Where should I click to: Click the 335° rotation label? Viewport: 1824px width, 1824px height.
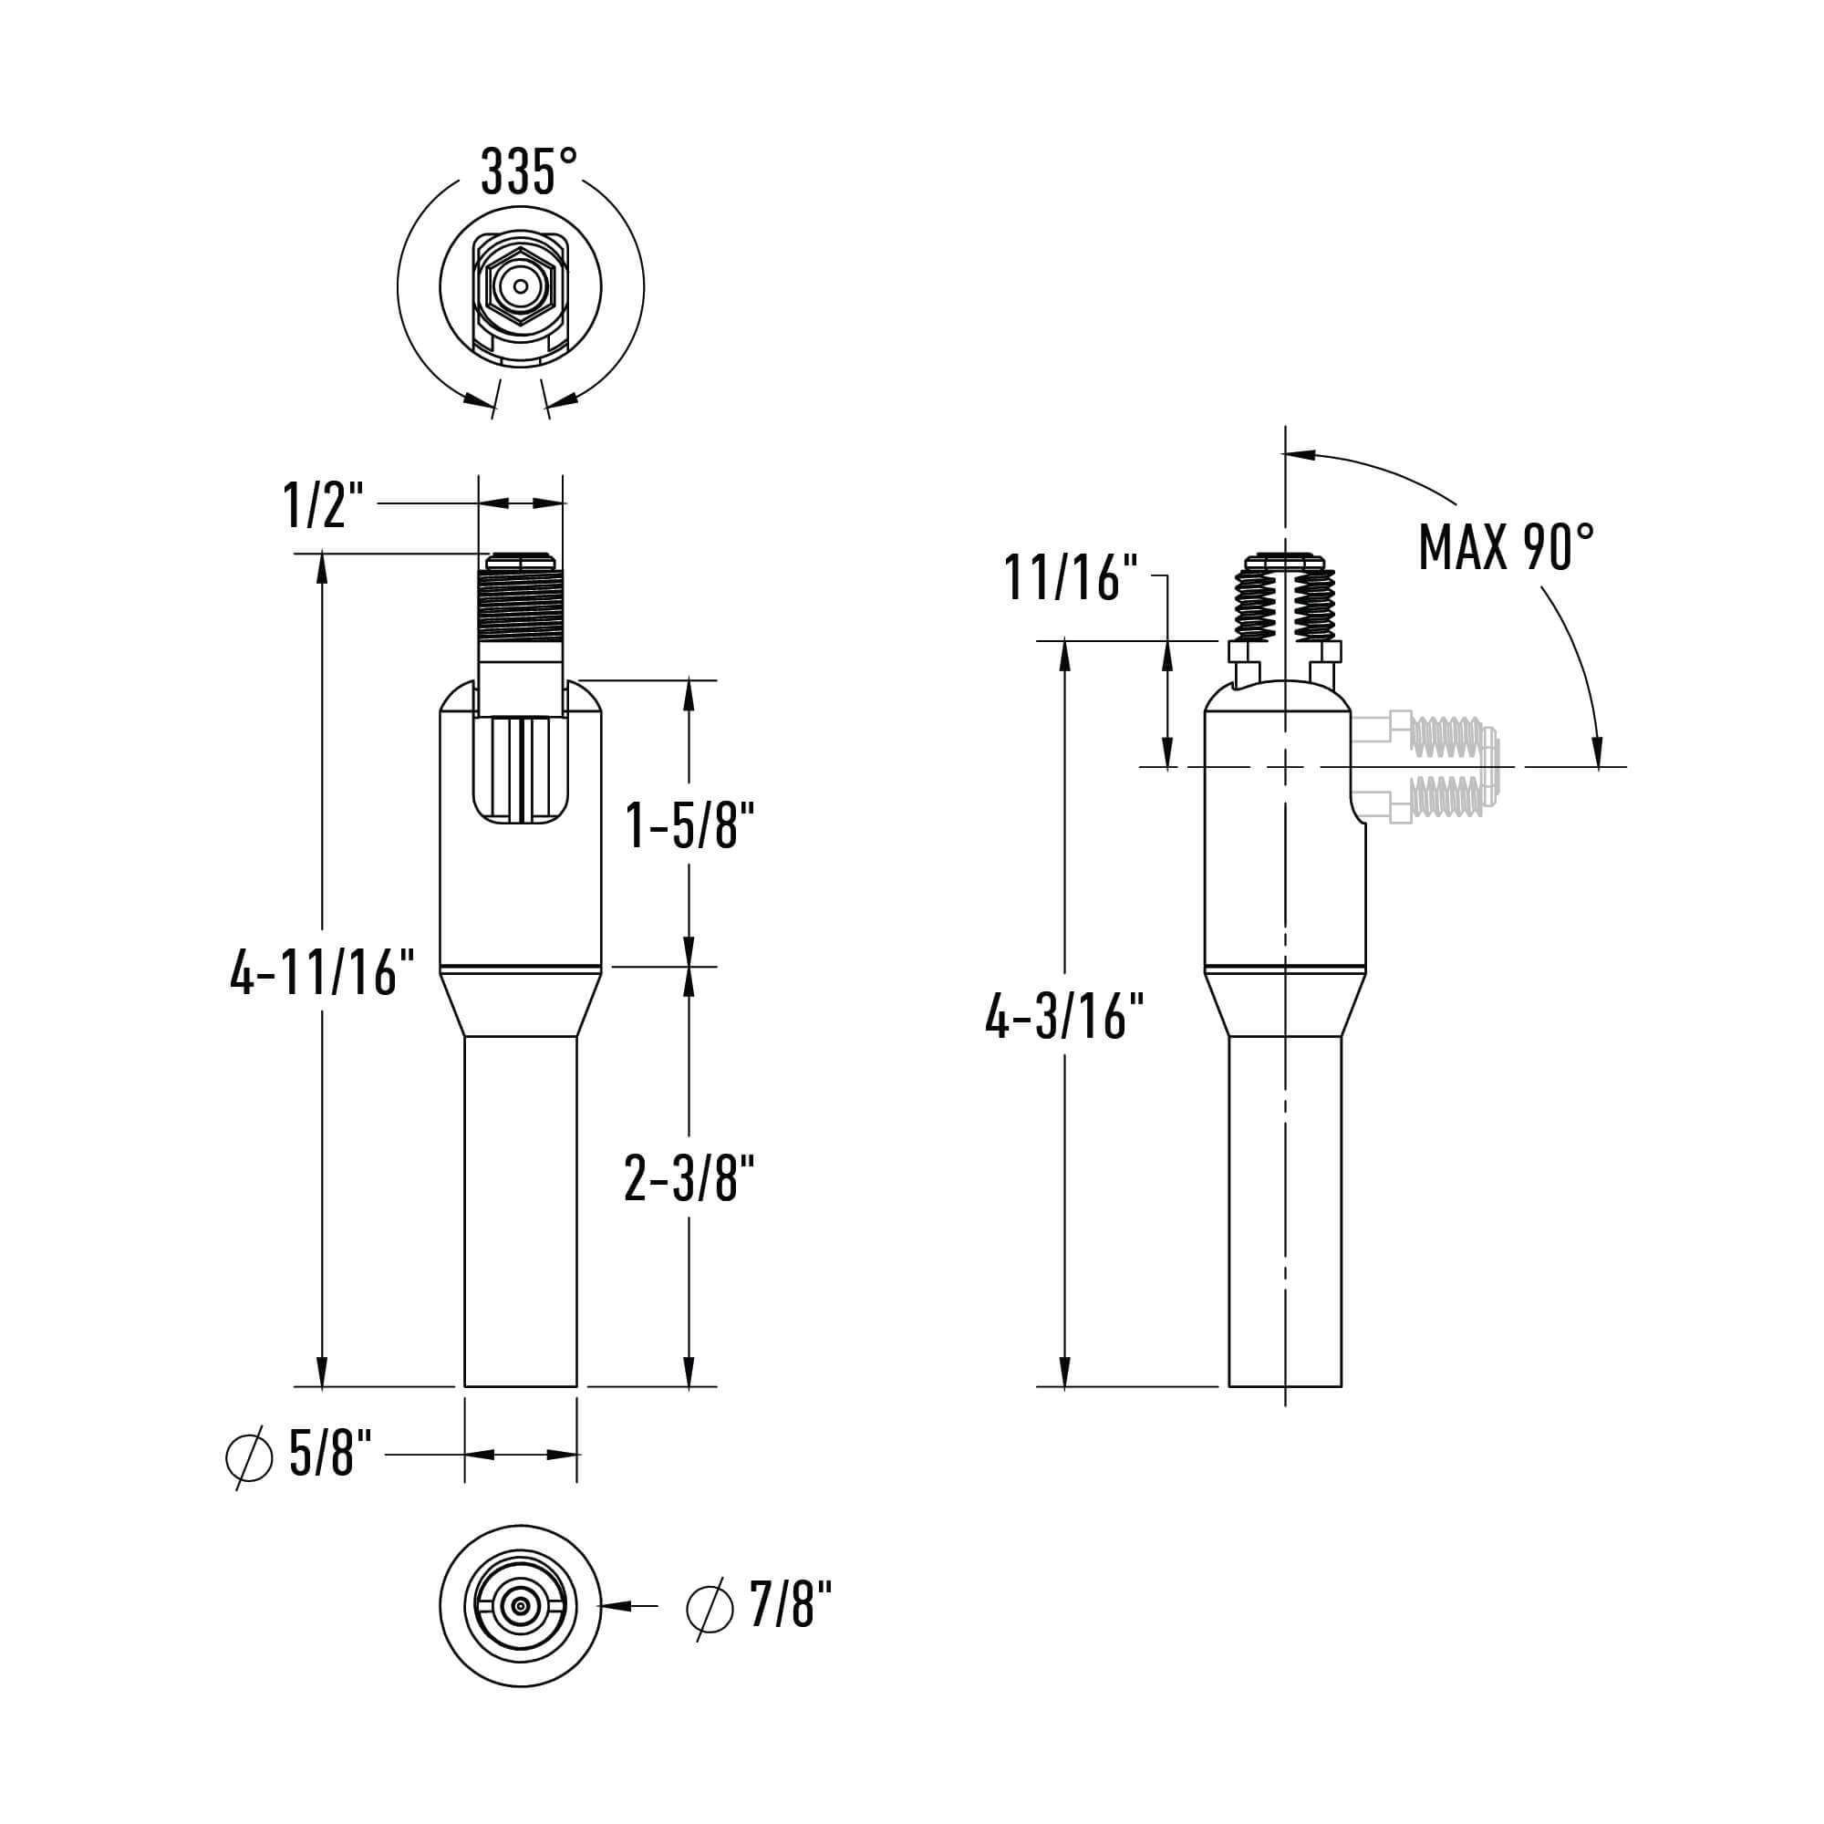coord(529,171)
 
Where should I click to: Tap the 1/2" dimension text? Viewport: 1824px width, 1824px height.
coord(323,504)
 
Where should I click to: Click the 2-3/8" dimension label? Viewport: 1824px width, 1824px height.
coord(689,1178)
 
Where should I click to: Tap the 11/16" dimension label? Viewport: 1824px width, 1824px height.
coord(1071,578)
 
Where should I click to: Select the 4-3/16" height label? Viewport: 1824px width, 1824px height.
coord(1064,1017)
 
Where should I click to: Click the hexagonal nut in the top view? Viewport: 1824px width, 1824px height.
coord(520,286)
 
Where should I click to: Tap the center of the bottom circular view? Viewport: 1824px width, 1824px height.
coord(520,1605)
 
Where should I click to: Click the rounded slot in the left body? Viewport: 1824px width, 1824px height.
coord(521,770)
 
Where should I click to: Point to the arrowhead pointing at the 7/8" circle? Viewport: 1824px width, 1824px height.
coord(616,1605)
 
